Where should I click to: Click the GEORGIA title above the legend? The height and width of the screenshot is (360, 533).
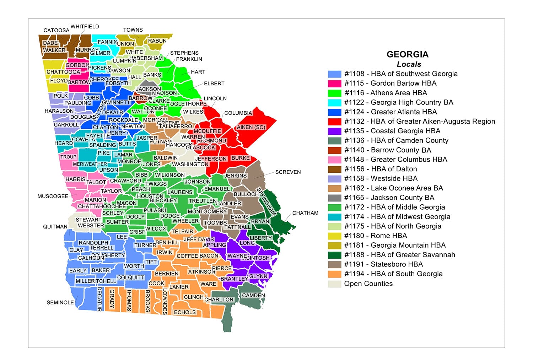[408, 54]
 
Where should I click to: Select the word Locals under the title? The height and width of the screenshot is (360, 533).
[409, 64]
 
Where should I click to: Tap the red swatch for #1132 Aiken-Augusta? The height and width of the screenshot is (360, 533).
[335, 122]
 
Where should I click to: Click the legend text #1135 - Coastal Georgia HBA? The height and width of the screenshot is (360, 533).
[392, 131]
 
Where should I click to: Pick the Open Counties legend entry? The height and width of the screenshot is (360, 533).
[368, 284]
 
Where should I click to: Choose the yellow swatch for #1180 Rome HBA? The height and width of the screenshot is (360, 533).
[335, 236]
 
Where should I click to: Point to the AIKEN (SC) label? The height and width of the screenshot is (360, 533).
[251, 127]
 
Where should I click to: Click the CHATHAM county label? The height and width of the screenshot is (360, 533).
[305, 213]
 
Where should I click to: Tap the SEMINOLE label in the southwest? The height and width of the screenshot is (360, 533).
[60, 302]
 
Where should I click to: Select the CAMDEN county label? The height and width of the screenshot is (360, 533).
[253, 295]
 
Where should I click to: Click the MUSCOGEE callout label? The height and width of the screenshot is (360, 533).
[53, 196]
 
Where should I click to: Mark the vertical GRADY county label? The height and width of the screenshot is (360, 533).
[112, 299]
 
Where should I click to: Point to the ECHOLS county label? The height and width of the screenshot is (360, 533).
[184, 312]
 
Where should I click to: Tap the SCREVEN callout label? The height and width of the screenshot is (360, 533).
[288, 172]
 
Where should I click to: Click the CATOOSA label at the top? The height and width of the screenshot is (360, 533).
[56, 30]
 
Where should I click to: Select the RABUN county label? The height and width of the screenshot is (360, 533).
[157, 41]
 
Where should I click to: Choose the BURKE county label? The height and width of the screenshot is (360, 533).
[241, 158]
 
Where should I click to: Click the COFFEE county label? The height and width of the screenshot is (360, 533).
[187, 256]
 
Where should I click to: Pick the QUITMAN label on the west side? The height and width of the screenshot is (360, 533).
[55, 226]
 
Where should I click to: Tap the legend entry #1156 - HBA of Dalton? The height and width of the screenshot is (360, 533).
[381, 169]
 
